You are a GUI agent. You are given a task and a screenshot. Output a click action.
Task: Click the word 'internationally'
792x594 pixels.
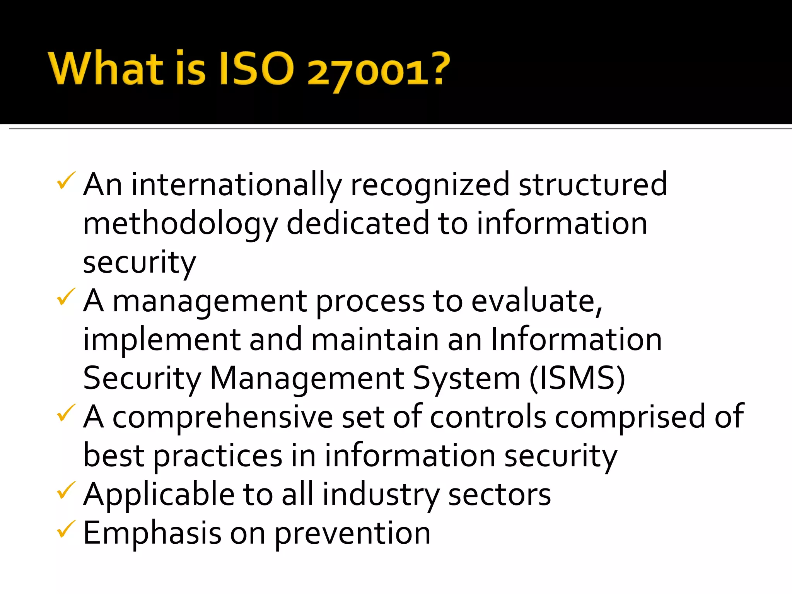click(x=236, y=185)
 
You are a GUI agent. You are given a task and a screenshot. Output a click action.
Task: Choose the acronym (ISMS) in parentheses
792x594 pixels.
click(x=577, y=378)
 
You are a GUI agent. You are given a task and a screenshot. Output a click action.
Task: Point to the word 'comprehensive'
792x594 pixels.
click(x=222, y=417)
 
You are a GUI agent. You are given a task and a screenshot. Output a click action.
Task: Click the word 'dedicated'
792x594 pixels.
click(x=358, y=224)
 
